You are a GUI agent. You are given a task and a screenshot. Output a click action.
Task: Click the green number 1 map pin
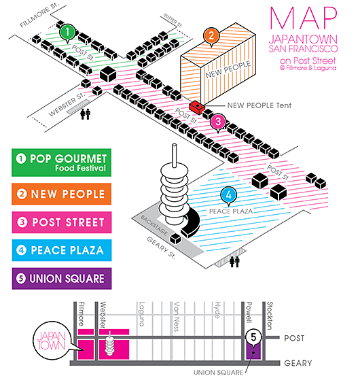(x=67, y=33)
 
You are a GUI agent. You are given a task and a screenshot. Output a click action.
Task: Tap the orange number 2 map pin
(x=211, y=36)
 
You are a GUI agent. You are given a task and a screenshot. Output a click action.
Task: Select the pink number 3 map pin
(x=218, y=122)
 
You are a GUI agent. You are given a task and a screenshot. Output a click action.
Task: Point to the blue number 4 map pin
(x=229, y=195)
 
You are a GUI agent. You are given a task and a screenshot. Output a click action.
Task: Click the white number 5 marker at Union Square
(x=253, y=337)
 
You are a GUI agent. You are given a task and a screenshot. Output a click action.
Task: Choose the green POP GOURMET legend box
(x=62, y=163)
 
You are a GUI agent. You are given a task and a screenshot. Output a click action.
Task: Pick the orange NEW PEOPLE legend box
(x=62, y=194)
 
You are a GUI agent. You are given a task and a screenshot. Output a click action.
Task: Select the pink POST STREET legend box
(x=62, y=222)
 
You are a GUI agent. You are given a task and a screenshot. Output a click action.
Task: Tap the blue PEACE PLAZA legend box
(x=62, y=250)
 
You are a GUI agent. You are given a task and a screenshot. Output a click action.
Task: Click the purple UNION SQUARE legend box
(x=62, y=278)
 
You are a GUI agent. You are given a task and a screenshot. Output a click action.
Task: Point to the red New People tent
(x=197, y=107)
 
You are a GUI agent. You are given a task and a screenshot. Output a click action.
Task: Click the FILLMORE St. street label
(x=39, y=16)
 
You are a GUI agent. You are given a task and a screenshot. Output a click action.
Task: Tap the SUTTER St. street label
(x=173, y=20)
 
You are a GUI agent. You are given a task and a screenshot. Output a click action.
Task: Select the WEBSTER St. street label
(x=67, y=104)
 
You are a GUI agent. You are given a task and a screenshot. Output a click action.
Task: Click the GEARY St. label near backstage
(x=161, y=247)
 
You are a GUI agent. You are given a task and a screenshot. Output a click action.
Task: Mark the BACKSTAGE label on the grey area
(x=154, y=225)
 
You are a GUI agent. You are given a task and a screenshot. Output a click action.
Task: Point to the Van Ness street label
(x=177, y=317)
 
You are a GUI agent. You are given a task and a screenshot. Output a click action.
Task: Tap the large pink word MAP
(x=304, y=18)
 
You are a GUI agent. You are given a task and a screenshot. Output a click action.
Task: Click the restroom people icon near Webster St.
(x=86, y=114)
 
